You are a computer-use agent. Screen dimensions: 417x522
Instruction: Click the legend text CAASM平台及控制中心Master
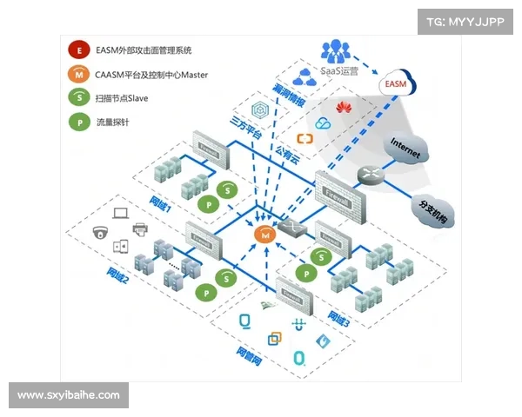pos(151,75)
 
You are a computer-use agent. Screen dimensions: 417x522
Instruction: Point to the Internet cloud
pos(405,149)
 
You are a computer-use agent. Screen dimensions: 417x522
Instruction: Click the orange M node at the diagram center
pos(264,233)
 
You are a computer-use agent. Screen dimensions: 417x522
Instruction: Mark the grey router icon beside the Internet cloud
pos(371,174)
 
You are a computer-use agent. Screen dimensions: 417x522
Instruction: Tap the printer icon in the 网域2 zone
pos(139,228)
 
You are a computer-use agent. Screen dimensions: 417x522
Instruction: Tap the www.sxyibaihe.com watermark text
pos(69,395)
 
